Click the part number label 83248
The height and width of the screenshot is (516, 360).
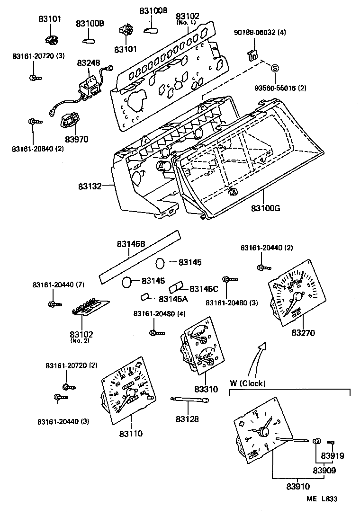point(89,62)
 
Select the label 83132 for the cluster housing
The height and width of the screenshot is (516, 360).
point(90,187)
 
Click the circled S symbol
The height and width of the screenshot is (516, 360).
point(275,68)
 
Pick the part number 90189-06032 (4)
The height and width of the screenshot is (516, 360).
point(260,33)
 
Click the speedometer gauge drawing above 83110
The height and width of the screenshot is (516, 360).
point(128,388)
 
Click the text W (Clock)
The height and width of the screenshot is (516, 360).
point(248,383)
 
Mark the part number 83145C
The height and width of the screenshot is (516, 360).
point(204,289)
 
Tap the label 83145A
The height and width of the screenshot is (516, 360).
point(173,299)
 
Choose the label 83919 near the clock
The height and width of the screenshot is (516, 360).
point(333,456)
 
